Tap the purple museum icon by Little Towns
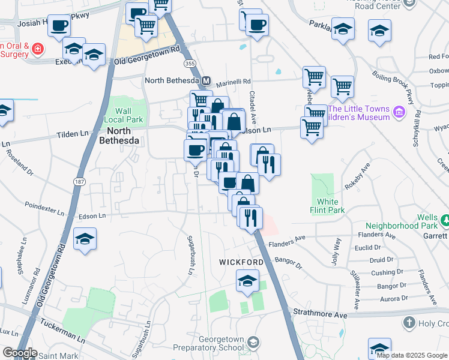pyautogui.click(x=399, y=112)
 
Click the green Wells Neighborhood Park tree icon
pyautogui.click(x=445, y=221)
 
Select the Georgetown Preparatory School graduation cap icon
pyautogui.click(x=253, y=341)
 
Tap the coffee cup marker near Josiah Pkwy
pyautogui.click(x=59, y=26)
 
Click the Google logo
pyautogui.click(x=20, y=353)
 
